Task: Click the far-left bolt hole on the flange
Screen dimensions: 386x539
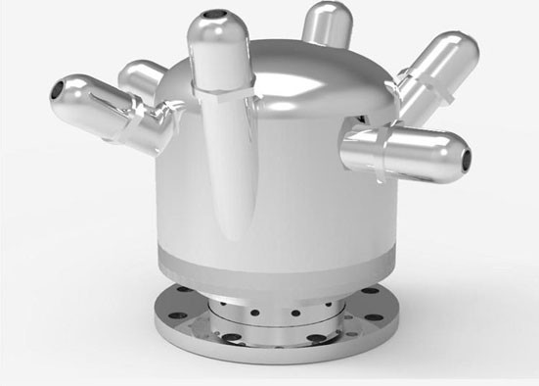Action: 168,315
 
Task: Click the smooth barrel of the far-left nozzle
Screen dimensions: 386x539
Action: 93,105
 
